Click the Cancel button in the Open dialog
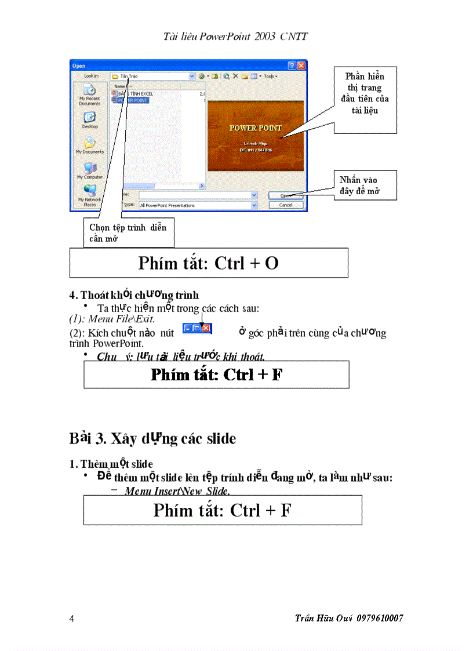286,205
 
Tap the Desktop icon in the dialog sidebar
90,118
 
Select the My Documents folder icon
90,144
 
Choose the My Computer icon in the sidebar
90,169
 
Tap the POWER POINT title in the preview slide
256,128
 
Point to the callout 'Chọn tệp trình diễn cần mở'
128,232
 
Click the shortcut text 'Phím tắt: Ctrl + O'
209,263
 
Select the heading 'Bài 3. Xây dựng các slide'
153,438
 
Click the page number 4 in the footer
71,619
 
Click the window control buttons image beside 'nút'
197,329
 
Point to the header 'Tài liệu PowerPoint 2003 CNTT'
236,37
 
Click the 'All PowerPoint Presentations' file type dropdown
197,205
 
